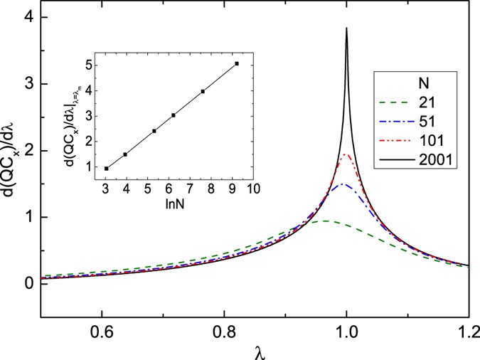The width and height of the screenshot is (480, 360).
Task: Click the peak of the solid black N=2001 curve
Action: [x=346, y=28]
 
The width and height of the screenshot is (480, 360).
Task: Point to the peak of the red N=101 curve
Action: [x=346, y=154]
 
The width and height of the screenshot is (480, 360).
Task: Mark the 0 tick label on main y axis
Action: [x=28, y=283]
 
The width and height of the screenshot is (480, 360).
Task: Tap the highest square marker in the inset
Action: [x=236, y=64]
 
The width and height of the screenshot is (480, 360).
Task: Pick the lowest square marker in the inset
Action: [x=107, y=169]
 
